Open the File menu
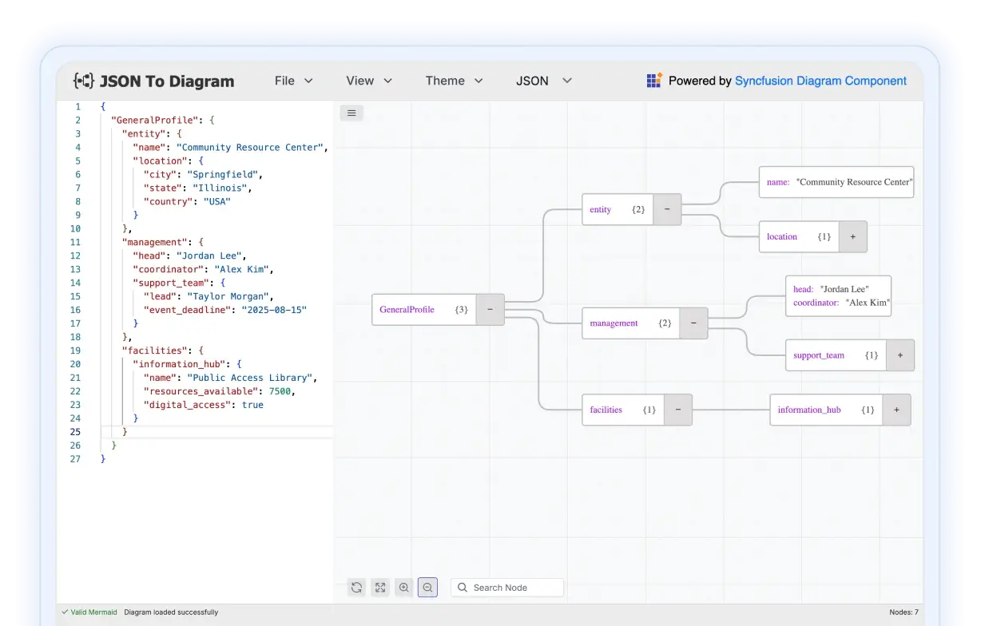click(293, 81)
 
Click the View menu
click(369, 81)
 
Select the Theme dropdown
click(454, 81)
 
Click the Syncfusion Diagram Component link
click(820, 81)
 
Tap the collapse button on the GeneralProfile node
click(490, 310)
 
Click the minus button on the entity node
click(667, 209)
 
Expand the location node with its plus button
click(852, 237)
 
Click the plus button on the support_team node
click(900, 355)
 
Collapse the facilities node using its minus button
click(678, 410)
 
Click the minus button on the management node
click(693, 323)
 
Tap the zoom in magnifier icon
click(403, 588)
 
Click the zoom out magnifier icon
click(427, 588)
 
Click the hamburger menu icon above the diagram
click(351, 113)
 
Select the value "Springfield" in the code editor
click(222, 175)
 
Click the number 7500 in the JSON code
click(280, 391)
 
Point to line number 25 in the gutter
click(75, 432)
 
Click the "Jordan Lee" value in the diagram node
click(844, 289)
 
